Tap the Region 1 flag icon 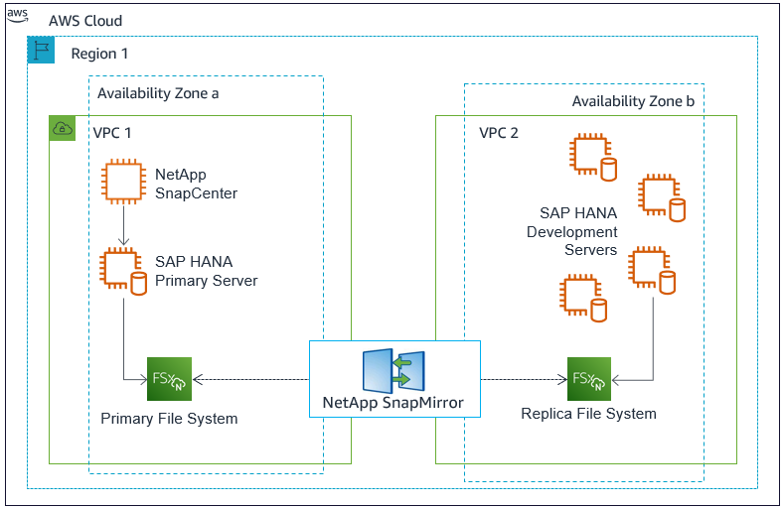tap(41, 52)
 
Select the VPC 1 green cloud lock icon tap(63, 128)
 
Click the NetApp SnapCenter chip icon tap(122, 183)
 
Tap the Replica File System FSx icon tap(589, 378)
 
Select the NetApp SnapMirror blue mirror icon tap(393, 370)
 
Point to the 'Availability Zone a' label tap(157, 93)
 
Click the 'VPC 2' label tap(499, 133)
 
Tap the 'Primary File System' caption tap(169, 418)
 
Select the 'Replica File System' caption tap(588, 413)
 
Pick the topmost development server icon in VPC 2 tap(592, 157)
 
